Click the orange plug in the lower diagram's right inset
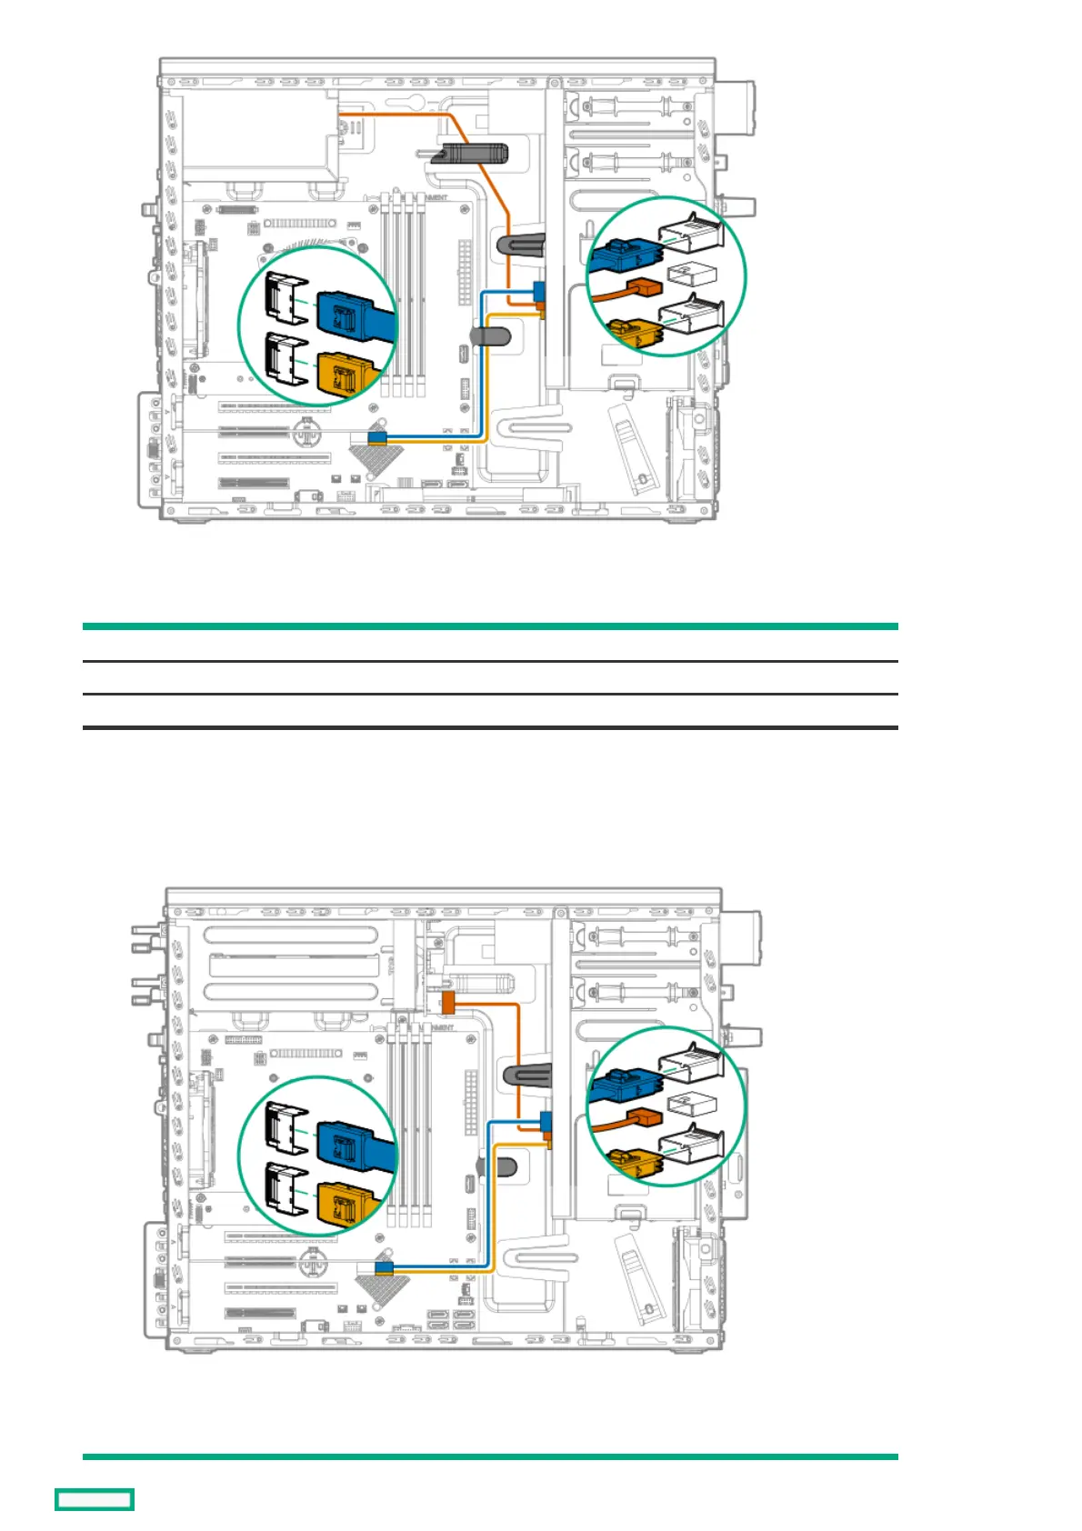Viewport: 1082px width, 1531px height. (643, 1116)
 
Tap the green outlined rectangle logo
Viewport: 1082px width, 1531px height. (95, 1499)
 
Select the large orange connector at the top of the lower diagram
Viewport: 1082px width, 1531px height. (446, 1003)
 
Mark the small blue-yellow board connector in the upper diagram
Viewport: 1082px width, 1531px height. (377, 438)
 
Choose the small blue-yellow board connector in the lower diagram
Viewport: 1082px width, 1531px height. (383, 1267)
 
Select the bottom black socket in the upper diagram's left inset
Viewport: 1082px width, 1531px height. (285, 358)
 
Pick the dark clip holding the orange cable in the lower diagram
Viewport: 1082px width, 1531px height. (527, 1076)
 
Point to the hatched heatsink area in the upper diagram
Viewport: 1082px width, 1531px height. (372, 457)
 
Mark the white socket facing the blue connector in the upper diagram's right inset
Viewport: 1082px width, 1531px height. (695, 233)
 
